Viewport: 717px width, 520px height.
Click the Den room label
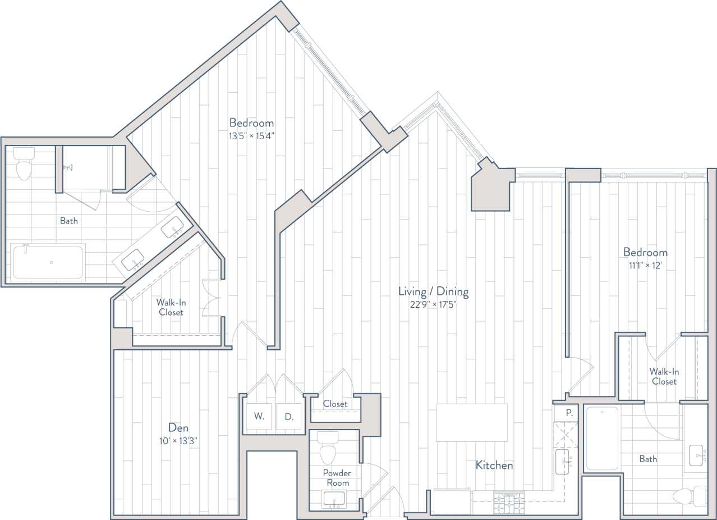[x=178, y=428]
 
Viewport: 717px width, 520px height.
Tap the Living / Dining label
[x=433, y=292]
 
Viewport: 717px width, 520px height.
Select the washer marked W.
[x=259, y=417]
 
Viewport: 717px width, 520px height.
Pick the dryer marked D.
[x=289, y=417]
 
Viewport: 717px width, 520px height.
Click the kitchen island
[x=472, y=422]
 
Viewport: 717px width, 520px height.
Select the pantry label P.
[x=568, y=413]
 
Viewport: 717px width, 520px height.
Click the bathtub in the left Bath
[x=48, y=262]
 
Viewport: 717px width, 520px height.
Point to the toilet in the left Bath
[x=24, y=165]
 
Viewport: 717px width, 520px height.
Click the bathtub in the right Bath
[x=602, y=438]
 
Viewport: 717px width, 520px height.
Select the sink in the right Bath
[x=696, y=455]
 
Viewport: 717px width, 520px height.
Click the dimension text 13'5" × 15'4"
[x=251, y=135]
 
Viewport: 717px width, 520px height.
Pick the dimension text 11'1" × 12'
[x=645, y=265]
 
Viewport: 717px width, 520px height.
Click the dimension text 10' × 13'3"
[x=178, y=441]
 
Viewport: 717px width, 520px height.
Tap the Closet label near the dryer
[x=335, y=404]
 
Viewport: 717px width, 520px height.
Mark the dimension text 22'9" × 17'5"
[x=433, y=305]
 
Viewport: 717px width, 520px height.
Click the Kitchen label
[x=494, y=466]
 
